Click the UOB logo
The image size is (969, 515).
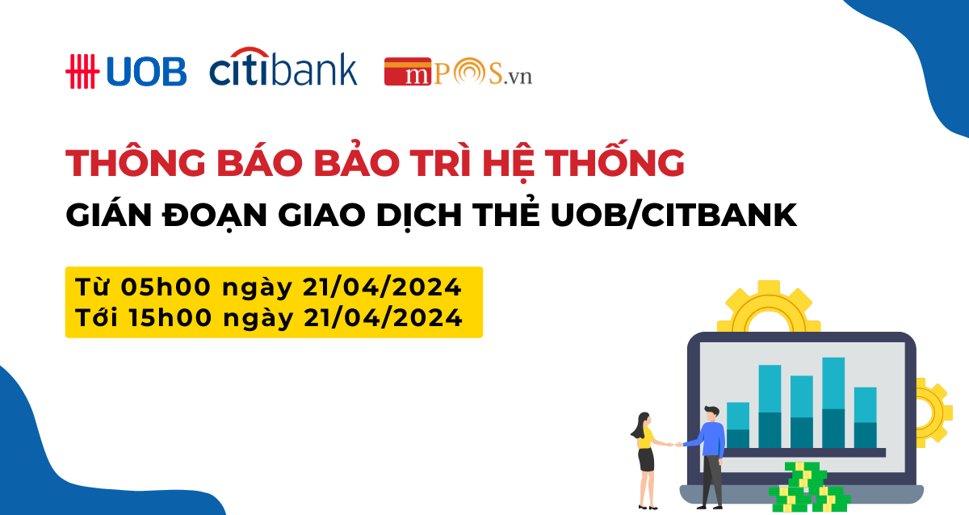point(126,71)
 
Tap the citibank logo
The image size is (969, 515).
point(283,66)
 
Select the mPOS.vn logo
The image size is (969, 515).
point(458,71)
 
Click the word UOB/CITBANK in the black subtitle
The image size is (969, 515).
point(673,215)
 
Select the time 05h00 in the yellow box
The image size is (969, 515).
point(166,287)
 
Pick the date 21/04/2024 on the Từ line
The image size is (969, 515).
point(382,287)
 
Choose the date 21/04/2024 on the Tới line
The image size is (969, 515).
point(384,318)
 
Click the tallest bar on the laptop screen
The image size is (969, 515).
point(833,403)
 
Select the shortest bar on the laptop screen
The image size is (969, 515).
point(738,425)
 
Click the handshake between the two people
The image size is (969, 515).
point(674,444)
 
